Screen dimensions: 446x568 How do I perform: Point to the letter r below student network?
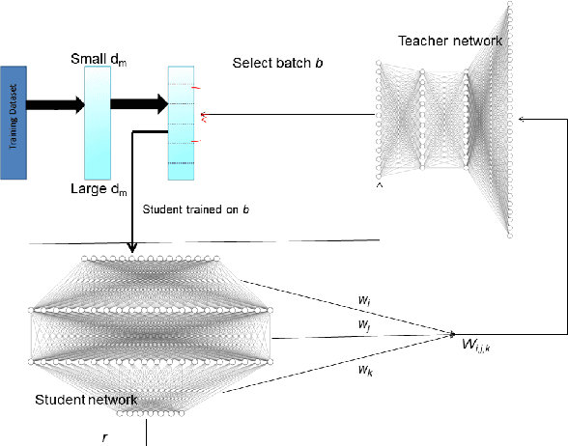(105, 436)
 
